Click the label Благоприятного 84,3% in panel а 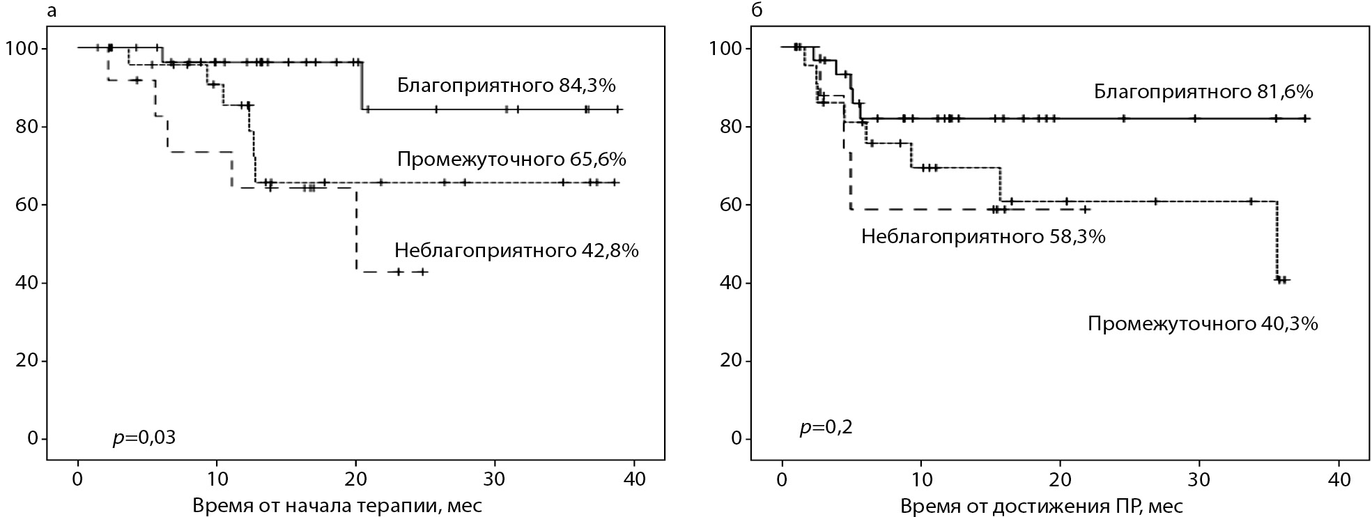tap(507, 86)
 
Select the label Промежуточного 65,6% tap(511, 160)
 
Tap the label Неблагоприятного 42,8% tap(516, 250)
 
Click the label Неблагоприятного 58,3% tap(983, 237)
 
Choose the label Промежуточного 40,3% tap(1203, 324)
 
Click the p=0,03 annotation tap(144, 438)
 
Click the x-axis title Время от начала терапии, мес tap(337, 505)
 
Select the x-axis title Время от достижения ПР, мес tap(1041, 505)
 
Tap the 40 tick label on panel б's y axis tap(727, 283)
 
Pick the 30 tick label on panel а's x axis tap(495, 480)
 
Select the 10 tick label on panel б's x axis tap(921, 480)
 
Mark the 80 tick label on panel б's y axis tap(727, 127)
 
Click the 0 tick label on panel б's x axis tap(783, 480)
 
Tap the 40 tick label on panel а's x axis tap(634, 480)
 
